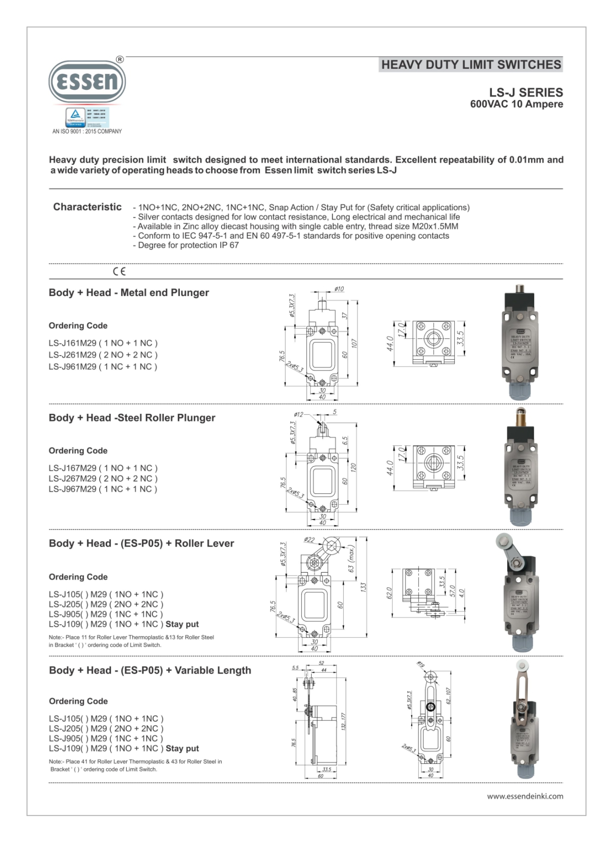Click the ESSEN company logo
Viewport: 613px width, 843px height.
[87, 82]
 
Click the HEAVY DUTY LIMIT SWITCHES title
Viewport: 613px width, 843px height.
[471, 65]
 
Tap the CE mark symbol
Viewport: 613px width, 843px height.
[119, 271]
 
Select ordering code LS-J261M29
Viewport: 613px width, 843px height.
[103, 355]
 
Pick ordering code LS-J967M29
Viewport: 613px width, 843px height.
[103, 489]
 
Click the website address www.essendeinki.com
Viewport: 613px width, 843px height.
[525, 796]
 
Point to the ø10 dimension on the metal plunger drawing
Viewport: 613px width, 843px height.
[339, 289]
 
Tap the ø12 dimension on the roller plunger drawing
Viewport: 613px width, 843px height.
[298, 414]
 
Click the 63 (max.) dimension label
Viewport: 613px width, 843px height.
[351, 558]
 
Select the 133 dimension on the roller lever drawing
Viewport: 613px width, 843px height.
[363, 587]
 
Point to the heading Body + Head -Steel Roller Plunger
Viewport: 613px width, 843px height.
[132, 417]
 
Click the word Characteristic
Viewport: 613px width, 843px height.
[87, 207]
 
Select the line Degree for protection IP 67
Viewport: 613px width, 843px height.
[185, 245]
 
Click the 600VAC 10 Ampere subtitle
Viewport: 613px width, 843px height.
[516, 104]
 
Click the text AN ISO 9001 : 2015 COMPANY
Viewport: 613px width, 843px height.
[87, 131]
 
